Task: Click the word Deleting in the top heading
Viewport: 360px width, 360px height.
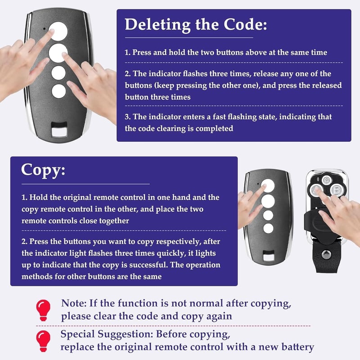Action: tap(157, 25)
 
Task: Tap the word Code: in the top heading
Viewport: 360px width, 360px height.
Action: tap(245, 24)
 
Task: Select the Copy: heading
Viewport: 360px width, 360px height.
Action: tap(43, 171)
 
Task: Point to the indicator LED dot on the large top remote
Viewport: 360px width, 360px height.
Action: tap(44, 29)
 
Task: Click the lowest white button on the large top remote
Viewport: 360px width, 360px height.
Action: tap(59, 91)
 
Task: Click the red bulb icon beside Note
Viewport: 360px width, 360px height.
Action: tap(43, 310)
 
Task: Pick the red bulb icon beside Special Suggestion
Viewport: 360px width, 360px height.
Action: tap(43, 341)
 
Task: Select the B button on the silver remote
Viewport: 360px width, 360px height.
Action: tap(337, 190)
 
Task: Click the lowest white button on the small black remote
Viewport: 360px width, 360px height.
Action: tap(268, 229)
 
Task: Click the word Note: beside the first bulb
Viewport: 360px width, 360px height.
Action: tap(74, 303)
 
